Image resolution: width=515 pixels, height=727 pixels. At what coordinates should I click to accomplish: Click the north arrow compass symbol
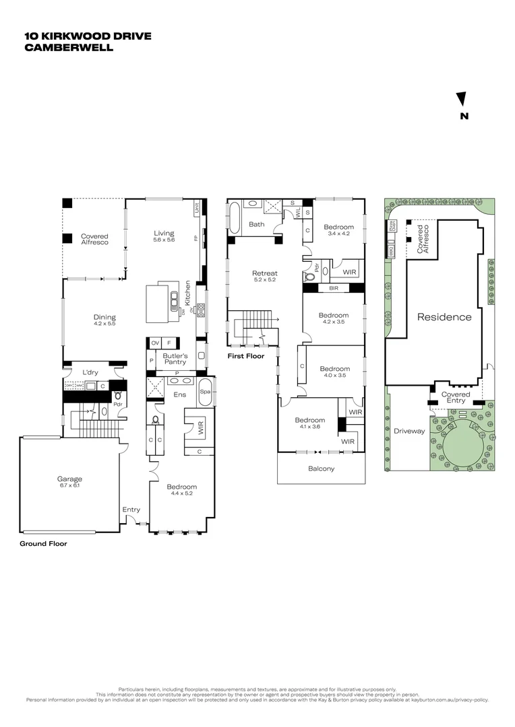point(462,100)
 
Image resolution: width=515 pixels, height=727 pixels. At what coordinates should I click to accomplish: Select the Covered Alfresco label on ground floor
point(94,240)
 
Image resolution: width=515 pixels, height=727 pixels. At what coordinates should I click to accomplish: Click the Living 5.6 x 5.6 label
point(164,236)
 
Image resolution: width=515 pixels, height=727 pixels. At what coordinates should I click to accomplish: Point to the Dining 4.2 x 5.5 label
point(104,320)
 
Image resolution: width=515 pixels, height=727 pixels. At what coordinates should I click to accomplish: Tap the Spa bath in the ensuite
point(205,392)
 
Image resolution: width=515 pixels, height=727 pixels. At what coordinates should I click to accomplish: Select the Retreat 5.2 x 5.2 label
point(265,277)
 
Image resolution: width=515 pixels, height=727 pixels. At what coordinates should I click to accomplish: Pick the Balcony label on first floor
point(321,469)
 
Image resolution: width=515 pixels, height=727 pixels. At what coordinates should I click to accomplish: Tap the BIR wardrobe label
point(334,287)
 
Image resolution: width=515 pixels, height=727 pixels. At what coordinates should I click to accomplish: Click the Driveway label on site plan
point(409,431)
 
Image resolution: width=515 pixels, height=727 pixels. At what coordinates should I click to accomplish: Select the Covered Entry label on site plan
point(456,397)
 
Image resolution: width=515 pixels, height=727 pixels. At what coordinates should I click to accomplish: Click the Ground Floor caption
point(43,543)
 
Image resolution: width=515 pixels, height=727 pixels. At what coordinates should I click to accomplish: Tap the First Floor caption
point(245,355)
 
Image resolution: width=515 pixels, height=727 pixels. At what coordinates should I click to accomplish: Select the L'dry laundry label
point(91,372)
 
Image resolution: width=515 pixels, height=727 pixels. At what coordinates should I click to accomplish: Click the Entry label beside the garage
point(131,510)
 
